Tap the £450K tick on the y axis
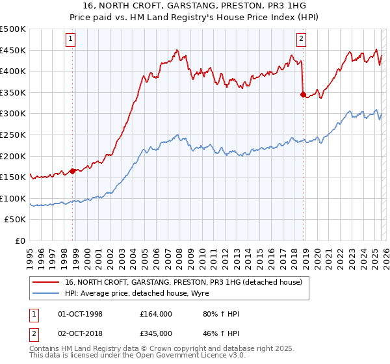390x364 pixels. pos(13,50)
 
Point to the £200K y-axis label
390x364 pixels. pos(13,156)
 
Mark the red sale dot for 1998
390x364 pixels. pos(73,171)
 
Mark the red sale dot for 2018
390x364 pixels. pos(303,94)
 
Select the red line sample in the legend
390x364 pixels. pos(47,283)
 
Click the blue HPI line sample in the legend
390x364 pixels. pos(47,293)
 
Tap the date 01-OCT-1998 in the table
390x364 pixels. pos(81,314)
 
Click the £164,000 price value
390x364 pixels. pos(156,314)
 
